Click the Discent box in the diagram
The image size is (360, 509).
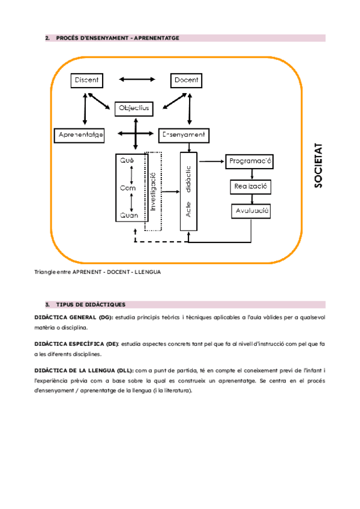pos(88,80)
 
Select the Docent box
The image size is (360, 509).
pos(187,80)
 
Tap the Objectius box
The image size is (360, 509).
pos(134,108)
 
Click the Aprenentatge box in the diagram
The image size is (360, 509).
pos(80,135)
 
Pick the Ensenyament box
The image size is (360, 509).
pos(184,135)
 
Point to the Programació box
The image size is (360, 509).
pos(250,161)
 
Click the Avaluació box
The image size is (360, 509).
pos(251,211)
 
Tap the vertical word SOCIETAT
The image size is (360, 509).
pos(319,165)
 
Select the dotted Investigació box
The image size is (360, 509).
pos(153,191)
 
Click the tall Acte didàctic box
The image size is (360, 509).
pos(188,191)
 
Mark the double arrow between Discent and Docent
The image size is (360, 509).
pos(137,79)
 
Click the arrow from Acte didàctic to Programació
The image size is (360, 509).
pos(211,161)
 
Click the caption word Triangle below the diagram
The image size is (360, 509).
pos(47,272)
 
